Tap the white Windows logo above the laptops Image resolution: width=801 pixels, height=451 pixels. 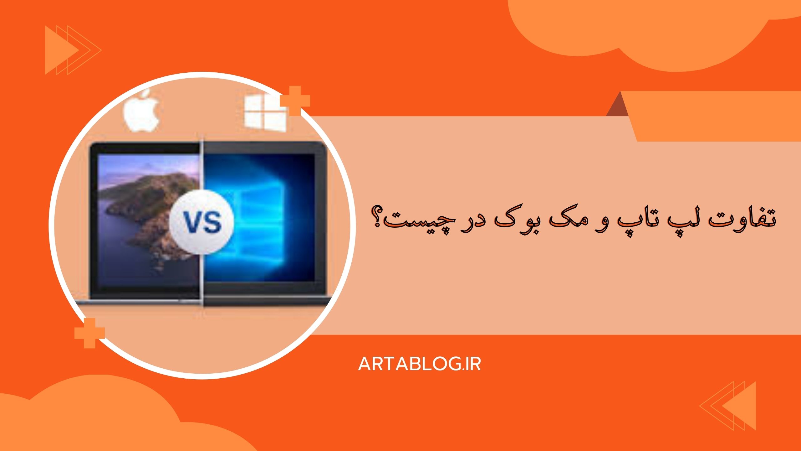point(265,113)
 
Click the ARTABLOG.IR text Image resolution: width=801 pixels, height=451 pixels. point(419,364)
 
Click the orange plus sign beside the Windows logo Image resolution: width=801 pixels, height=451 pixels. point(295,101)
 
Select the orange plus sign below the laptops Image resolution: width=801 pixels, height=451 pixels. point(89,333)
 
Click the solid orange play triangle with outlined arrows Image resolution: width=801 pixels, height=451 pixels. point(61,50)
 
